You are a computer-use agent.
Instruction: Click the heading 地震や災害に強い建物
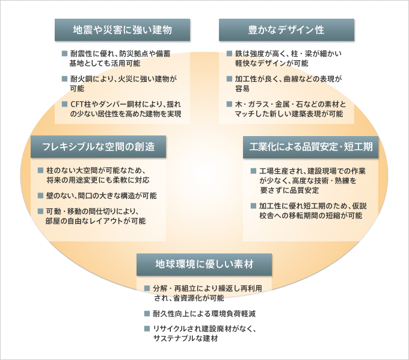pyautogui.click(x=122, y=29)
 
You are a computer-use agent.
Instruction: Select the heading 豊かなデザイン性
pyautogui.click(x=286, y=29)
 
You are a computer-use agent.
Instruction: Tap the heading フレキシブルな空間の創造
pyautogui.click(x=98, y=146)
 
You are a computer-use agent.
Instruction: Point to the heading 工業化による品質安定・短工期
pyautogui.click(x=311, y=147)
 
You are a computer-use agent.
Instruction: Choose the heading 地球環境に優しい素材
pyautogui.click(x=204, y=264)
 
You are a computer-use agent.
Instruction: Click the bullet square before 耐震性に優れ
pyautogui.click(x=65, y=54)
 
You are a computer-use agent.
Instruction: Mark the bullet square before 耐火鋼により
pyautogui.click(x=65, y=79)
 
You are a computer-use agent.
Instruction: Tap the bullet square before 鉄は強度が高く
pyautogui.click(x=229, y=54)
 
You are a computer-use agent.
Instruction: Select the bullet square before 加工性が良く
pyautogui.click(x=229, y=79)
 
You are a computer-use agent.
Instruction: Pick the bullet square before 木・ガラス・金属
pyautogui.click(x=229, y=104)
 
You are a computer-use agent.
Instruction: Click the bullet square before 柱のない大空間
pyautogui.click(x=40, y=170)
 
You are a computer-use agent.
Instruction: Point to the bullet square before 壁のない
pyautogui.click(x=40, y=195)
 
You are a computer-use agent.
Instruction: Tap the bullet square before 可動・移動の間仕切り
pyautogui.click(x=40, y=211)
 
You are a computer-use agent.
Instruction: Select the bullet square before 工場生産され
pyautogui.click(x=253, y=171)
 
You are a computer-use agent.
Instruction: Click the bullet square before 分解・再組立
pyautogui.click(x=147, y=288)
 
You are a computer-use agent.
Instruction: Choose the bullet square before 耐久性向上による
pyautogui.click(x=147, y=313)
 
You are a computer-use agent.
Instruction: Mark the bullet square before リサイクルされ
pyautogui.click(x=147, y=329)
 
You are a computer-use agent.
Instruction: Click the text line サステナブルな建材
pyautogui.click(x=185, y=338)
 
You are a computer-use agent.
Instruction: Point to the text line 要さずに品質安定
pyautogui.click(x=289, y=190)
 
